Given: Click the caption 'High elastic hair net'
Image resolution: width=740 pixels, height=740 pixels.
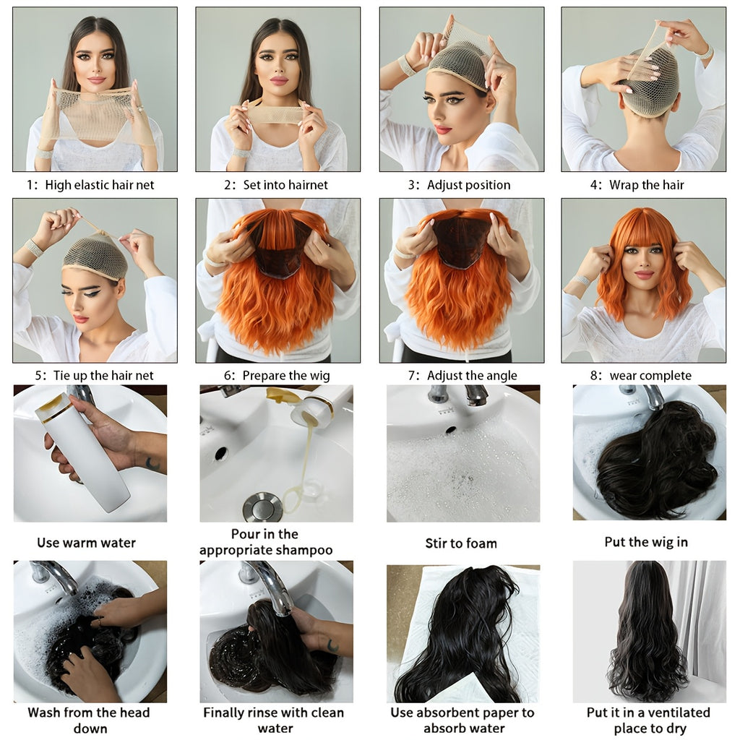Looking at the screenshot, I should click(x=99, y=185).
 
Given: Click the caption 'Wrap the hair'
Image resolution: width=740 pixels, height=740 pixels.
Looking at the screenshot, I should click(x=646, y=185).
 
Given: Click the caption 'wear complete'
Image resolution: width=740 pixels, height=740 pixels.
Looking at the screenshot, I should click(x=650, y=375).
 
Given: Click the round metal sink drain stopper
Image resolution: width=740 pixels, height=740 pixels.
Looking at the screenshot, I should click(x=262, y=507).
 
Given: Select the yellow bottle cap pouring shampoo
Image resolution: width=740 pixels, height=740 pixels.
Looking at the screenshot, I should click(x=280, y=395).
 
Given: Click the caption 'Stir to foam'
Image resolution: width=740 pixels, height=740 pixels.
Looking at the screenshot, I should click(x=461, y=543).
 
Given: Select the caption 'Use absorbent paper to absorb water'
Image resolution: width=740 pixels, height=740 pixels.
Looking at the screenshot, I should click(x=462, y=720).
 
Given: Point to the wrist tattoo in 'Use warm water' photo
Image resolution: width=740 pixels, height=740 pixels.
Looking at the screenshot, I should click(x=152, y=463).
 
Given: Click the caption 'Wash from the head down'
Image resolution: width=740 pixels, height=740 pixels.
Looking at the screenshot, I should click(x=89, y=720).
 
